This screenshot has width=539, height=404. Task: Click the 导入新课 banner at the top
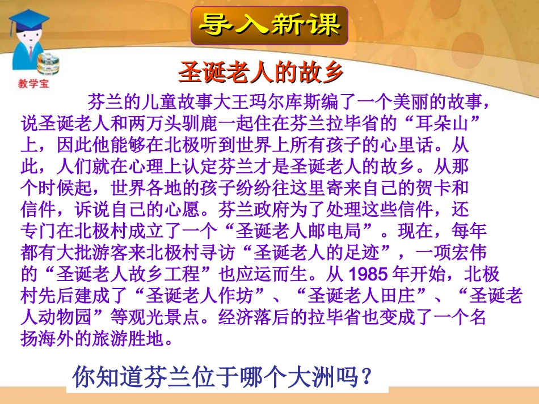[x=269, y=25]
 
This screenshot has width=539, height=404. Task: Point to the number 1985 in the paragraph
[x=366, y=275]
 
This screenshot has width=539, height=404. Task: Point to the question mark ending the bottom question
[x=368, y=376]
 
